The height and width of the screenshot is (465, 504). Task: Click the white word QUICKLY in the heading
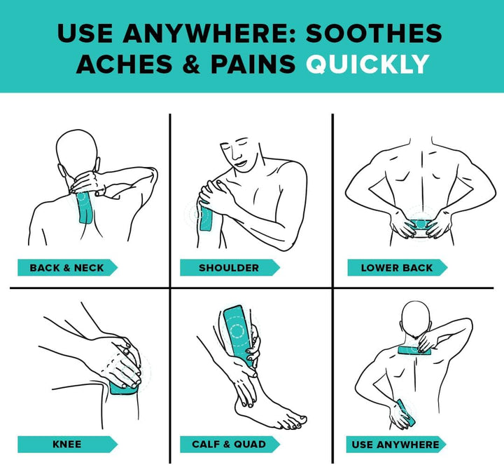367,64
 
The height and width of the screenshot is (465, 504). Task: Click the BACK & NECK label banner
67,268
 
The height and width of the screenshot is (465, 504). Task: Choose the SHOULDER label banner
230,268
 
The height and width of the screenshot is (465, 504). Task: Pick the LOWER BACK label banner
398,268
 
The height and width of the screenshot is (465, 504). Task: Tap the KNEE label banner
67,445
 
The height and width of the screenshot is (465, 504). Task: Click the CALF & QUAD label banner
230,445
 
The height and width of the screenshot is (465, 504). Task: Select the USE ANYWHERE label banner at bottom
396,445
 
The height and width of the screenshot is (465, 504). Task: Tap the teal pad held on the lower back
420,224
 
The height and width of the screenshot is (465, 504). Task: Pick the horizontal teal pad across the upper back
416,350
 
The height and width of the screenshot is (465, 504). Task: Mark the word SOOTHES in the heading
374,33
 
